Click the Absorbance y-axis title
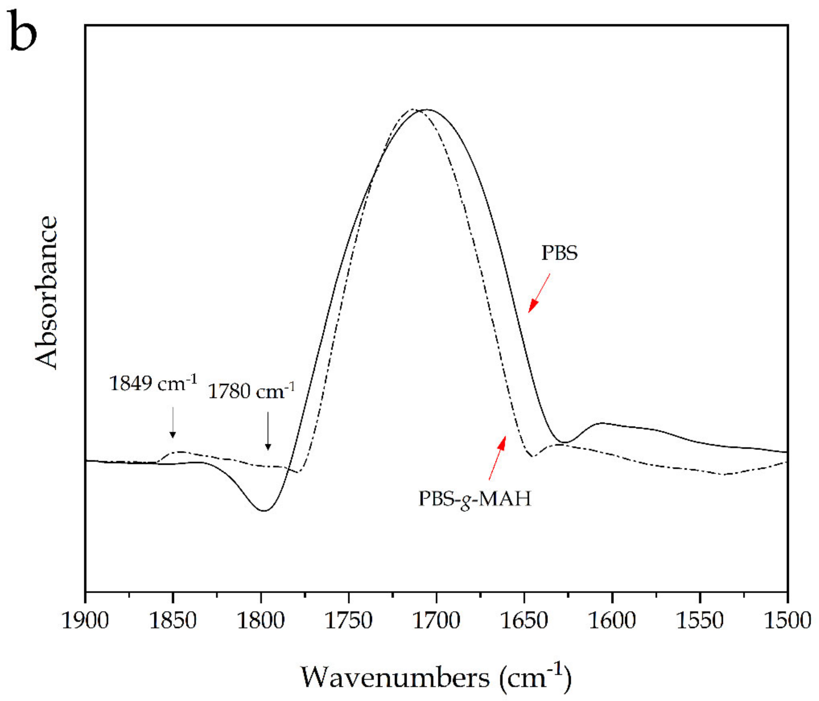coord(47,292)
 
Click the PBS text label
coord(559,253)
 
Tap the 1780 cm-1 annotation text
coord(251,391)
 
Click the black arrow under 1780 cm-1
coord(268,431)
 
